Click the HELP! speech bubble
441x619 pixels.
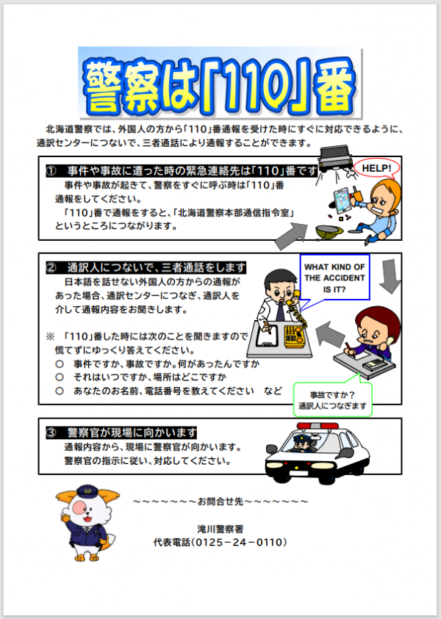[x=376, y=167]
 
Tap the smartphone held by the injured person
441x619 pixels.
[x=342, y=200]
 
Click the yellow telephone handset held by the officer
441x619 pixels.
[x=294, y=300]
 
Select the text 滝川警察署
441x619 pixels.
[x=220, y=529]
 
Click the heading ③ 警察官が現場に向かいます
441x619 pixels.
[x=121, y=432]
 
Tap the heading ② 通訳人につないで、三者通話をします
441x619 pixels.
[x=146, y=268]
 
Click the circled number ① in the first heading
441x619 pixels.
[x=51, y=171]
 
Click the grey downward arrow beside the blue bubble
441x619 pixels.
[x=390, y=276]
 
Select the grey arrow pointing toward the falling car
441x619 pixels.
[x=291, y=235]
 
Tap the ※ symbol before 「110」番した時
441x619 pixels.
[x=50, y=337]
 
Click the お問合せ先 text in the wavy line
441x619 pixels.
[x=220, y=502]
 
